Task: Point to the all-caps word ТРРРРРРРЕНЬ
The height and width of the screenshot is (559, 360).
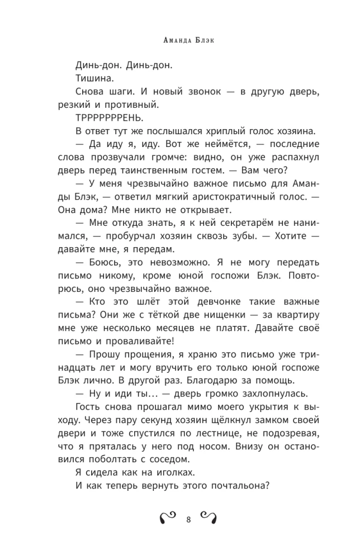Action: (108, 118)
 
